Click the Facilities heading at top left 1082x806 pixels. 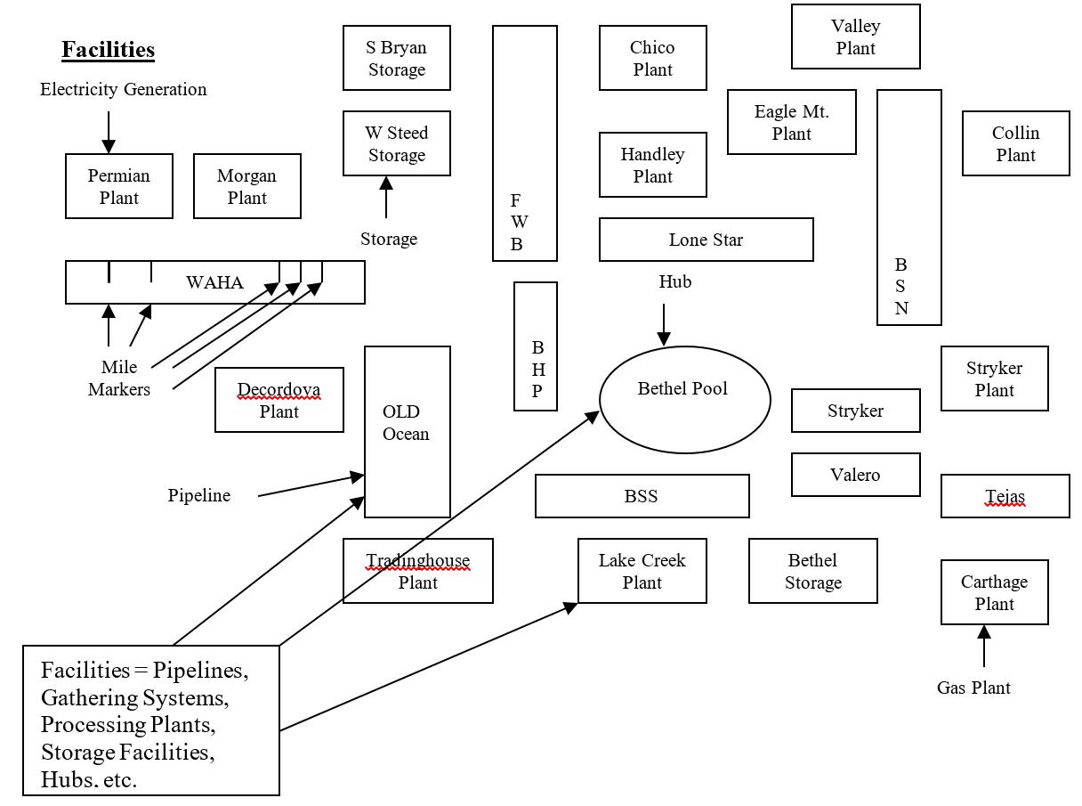(108, 50)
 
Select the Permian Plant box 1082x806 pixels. (119, 186)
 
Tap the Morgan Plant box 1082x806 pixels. (247, 186)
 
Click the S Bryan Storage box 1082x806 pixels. (397, 58)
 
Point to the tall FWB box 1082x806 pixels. (525, 143)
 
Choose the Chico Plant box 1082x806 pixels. (653, 58)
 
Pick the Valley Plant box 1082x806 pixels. (856, 37)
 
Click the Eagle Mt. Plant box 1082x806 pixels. (792, 122)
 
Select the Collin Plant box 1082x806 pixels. (1016, 143)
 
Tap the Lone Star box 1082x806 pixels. (707, 240)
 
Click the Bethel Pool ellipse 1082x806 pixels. (685, 400)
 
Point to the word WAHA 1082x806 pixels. (214, 282)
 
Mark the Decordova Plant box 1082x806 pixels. (279, 400)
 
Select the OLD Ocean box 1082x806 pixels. (408, 432)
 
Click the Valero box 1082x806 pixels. (856, 475)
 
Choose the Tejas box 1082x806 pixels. (1005, 496)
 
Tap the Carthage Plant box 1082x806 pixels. (995, 592)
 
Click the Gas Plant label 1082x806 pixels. (973, 688)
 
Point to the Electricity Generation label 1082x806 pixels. (123, 89)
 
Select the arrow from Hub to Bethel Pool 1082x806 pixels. (664, 324)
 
